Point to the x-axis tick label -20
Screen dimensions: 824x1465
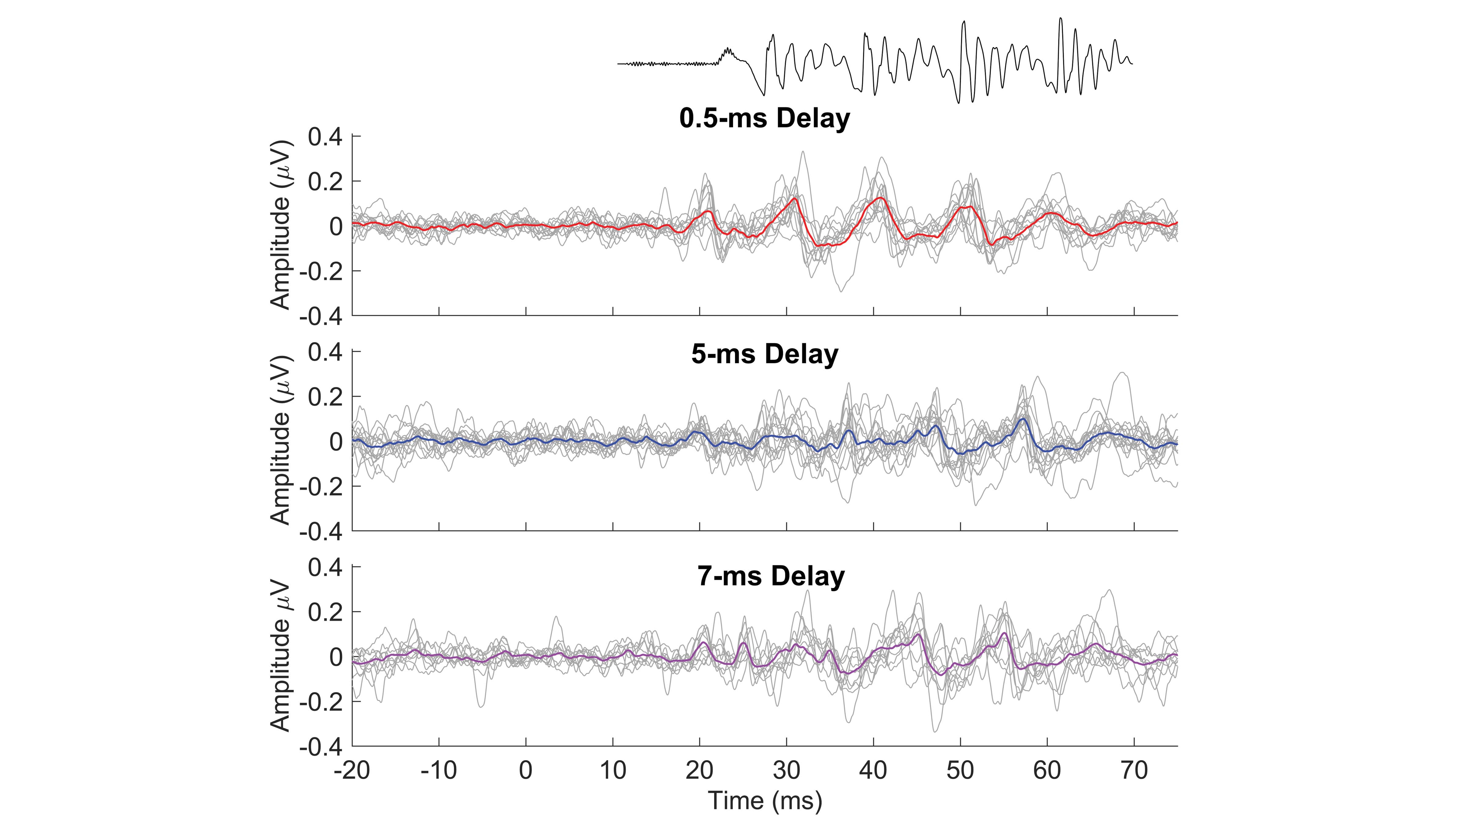[x=352, y=771]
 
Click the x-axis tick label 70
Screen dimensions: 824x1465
[x=1134, y=771]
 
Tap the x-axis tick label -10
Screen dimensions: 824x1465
[x=438, y=771]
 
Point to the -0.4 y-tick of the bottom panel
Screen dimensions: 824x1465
[x=321, y=747]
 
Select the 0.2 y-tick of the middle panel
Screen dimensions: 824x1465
[x=325, y=397]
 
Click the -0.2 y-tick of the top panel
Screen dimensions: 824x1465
[x=321, y=271]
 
